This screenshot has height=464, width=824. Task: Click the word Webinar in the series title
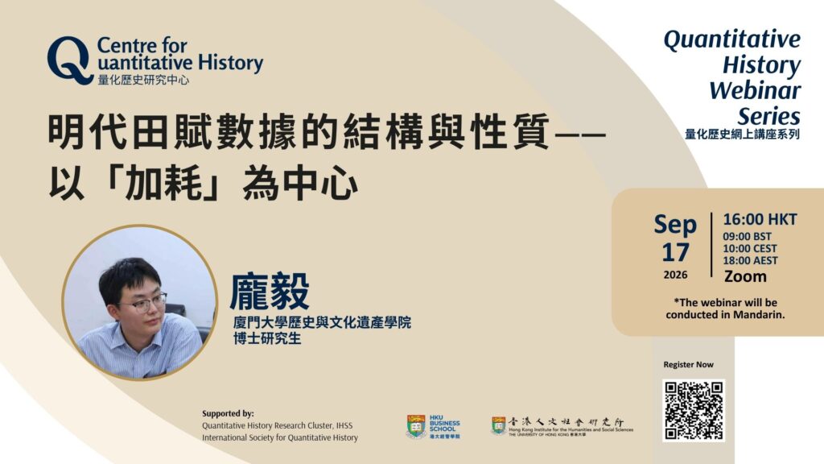755,90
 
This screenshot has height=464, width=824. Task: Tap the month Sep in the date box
675,226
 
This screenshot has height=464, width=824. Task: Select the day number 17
675,253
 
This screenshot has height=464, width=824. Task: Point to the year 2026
675,275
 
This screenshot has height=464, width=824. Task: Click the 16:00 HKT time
760,219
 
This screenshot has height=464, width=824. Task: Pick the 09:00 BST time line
747,237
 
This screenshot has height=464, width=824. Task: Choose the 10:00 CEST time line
749,248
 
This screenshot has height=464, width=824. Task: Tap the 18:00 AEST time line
750,260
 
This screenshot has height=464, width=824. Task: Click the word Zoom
745,276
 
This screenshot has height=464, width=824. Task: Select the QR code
694,410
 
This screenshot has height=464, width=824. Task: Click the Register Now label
689,365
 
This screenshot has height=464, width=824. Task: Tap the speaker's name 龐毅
270,291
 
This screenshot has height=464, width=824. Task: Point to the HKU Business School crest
416,427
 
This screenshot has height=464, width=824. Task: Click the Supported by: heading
228,413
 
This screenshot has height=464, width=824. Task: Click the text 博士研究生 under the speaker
267,338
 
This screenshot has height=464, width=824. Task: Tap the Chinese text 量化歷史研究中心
143,80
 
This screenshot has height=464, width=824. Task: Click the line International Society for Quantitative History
280,437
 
